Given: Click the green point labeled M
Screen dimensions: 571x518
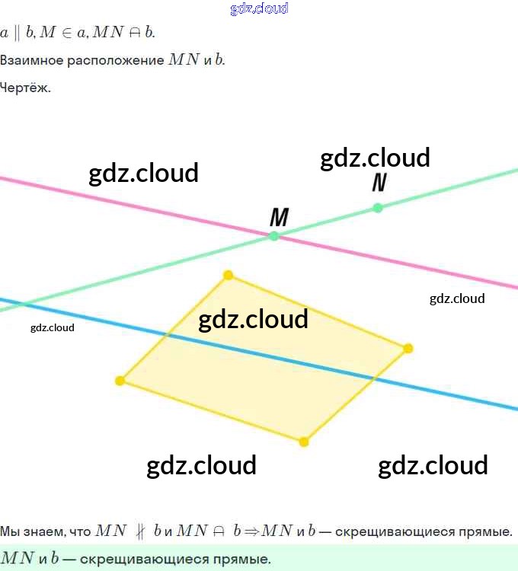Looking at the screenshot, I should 274,236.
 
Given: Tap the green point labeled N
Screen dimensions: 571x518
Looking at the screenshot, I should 378,207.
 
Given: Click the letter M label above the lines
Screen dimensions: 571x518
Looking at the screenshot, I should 280,218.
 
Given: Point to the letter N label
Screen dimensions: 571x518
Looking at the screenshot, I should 379,183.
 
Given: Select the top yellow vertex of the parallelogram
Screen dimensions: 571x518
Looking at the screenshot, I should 228,275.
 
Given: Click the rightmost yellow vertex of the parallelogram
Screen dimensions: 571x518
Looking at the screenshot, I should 408,348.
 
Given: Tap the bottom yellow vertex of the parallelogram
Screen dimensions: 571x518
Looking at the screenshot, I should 304,442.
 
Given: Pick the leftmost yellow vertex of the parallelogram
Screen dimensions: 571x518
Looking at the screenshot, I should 120,381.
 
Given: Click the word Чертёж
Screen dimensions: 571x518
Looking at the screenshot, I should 25,88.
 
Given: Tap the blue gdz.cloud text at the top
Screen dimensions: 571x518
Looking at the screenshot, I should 259,9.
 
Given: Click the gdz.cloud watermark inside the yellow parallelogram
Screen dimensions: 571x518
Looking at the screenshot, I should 253,318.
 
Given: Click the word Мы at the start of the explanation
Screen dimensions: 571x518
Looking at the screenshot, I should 10,531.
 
